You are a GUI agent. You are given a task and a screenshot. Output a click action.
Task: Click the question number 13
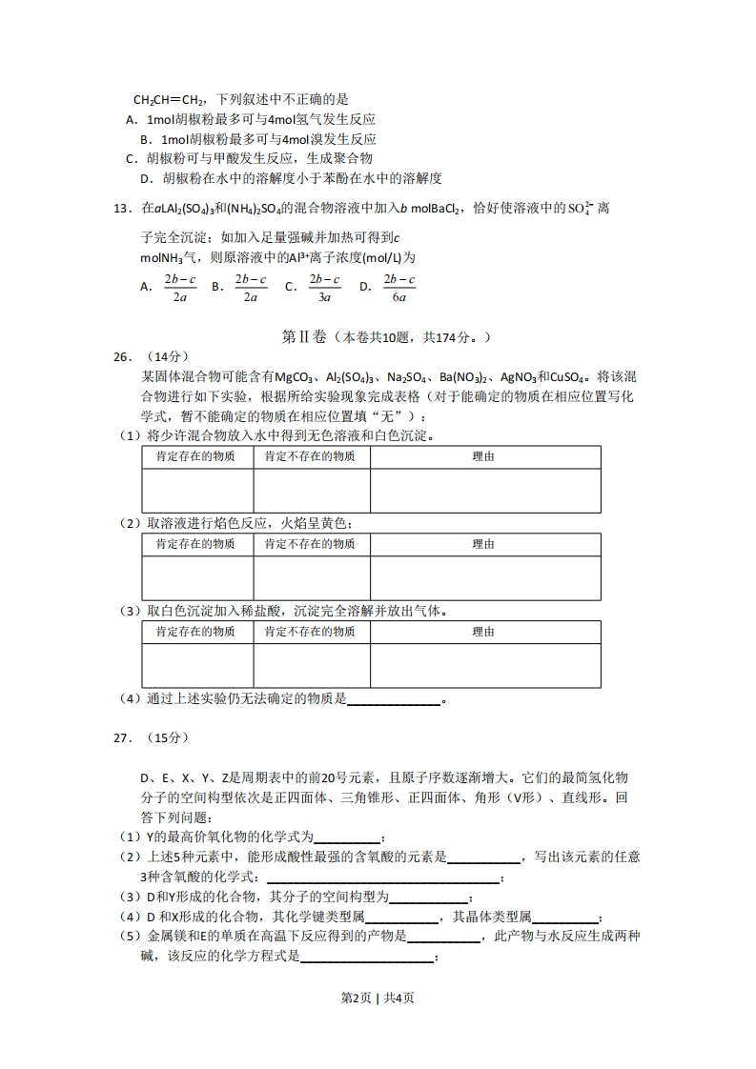click(x=125, y=209)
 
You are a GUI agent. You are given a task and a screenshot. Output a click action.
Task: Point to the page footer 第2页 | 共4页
click(x=378, y=998)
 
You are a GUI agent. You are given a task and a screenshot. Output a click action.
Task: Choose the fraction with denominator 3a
click(x=324, y=288)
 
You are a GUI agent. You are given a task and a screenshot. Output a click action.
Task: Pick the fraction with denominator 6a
click(x=399, y=288)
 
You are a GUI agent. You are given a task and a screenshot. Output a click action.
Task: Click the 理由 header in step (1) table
click(x=484, y=457)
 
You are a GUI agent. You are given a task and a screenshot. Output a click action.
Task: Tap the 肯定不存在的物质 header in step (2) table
click(x=311, y=544)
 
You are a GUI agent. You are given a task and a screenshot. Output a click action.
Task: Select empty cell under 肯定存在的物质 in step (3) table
click(x=197, y=665)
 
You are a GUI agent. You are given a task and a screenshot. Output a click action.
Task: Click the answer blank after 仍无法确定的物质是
click(x=394, y=699)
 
